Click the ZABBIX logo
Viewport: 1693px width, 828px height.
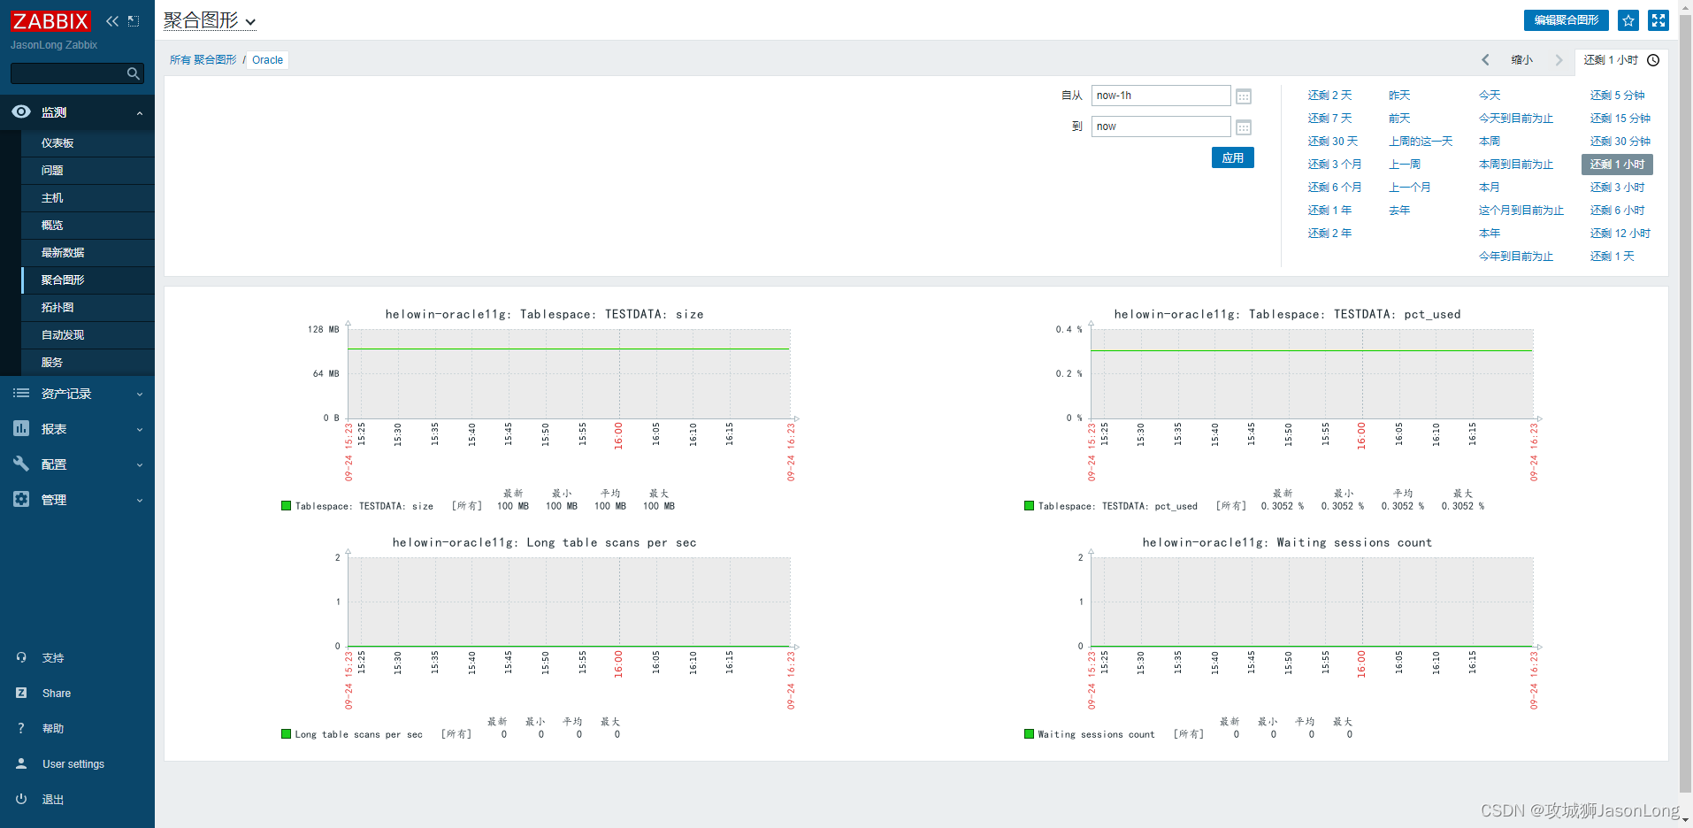[x=50, y=21]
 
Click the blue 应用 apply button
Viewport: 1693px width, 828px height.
[x=1232, y=157]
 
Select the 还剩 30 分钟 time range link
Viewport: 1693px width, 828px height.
[x=1620, y=142]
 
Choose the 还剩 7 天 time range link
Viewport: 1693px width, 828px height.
[x=1329, y=119]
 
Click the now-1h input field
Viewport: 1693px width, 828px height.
[x=1160, y=96]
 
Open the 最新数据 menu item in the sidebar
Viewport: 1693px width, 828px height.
[x=63, y=253]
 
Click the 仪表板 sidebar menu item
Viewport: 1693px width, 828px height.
[x=57, y=143]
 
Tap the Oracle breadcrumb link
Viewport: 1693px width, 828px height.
[x=267, y=60]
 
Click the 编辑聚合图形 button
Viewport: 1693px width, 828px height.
[x=1566, y=20]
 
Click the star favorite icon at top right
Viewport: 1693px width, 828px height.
[x=1628, y=20]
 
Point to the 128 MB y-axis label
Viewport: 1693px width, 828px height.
[x=323, y=330]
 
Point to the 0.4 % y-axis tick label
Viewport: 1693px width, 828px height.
[x=1069, y=330]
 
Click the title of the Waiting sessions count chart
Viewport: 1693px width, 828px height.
[x=1287, y=543]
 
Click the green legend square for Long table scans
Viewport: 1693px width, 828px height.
[x=286, y=733]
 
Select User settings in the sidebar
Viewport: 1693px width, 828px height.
[x=73, y=764]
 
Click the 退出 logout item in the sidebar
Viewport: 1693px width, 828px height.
[x=53, y=800]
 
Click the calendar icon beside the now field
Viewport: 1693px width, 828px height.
[x=1243, y=127]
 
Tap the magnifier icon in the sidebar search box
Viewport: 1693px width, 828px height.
[x=134, y=73]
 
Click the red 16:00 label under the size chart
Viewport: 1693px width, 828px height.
[x=618, y=435]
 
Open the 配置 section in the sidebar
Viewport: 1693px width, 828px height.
[x=54, y=464]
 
